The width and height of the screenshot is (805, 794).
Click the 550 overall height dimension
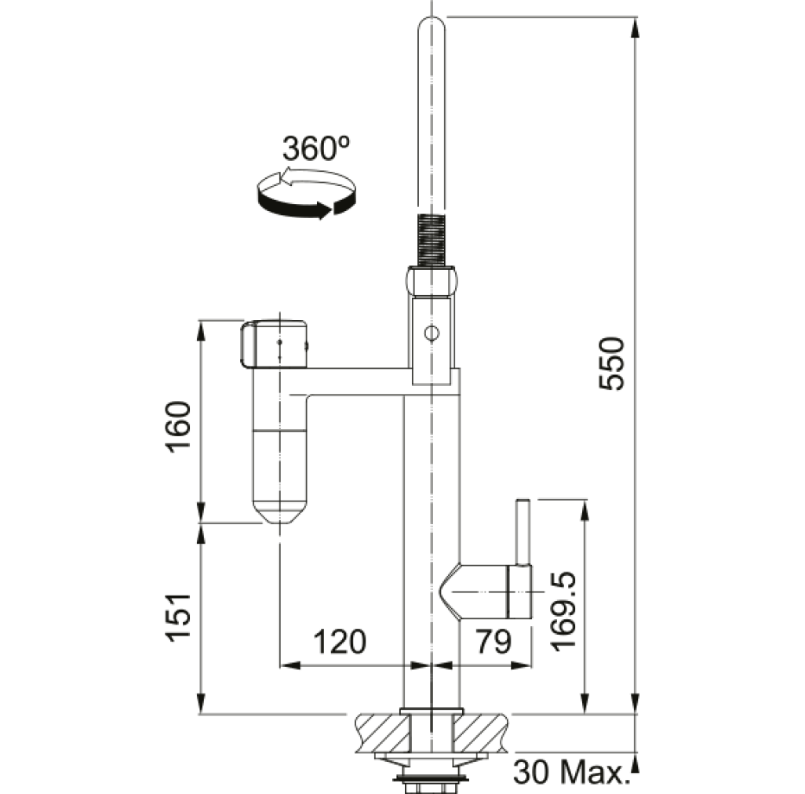coord(612,363)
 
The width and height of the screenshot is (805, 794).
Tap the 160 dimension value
coord(177,427)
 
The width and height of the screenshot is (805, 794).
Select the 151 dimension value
coord(177,617)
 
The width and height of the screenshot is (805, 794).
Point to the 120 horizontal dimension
coord(340,641)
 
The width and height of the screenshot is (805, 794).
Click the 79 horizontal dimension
coord(494,641)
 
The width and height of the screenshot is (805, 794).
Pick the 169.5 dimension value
coord(563,612)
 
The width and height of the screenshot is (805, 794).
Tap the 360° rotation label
coord(315,148)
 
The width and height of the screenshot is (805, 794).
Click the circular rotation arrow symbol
coord(307,194)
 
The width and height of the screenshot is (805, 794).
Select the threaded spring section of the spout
coord(431,240)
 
